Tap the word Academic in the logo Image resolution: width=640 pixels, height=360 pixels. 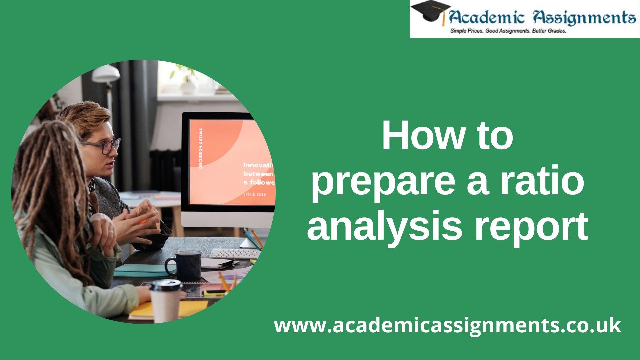[485, 16]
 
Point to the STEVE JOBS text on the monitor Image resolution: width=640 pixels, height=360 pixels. [255, 194]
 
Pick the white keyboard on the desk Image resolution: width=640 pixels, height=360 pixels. [235, 253]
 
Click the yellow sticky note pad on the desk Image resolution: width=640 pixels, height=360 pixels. [168, 309]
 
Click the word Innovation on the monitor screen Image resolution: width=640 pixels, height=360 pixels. [259, 165]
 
